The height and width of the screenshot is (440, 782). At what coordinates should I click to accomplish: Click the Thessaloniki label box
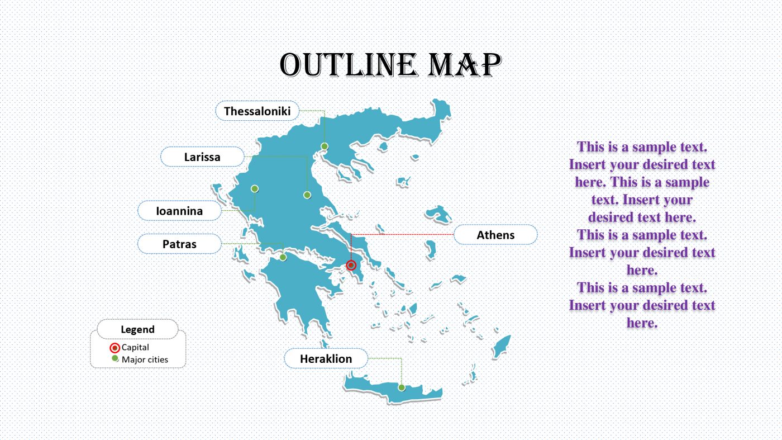tap(257, 111)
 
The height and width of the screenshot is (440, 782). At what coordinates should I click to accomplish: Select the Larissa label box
tap(202, 157)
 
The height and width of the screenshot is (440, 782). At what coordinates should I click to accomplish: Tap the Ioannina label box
tap(179, 211)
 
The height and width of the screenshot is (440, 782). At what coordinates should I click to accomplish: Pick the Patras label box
tap(179, 244)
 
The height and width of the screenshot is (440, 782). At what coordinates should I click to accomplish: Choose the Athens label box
tap(495, 235)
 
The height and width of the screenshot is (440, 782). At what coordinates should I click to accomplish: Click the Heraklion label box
tap(326, 358)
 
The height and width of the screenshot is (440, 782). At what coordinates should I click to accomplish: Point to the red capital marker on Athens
tap(351, 266)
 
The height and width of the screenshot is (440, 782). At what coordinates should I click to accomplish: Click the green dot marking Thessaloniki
tap(325, 146)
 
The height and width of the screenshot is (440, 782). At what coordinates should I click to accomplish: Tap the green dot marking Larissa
tap(307, 195)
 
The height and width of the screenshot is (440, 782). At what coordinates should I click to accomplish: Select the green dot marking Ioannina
tap(255, 188)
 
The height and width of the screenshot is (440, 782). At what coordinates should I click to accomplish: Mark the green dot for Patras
tap(283, 257)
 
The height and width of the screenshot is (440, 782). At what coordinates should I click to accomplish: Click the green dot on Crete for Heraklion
tap(401, 387)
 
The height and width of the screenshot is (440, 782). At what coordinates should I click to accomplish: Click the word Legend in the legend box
tap(137, 329)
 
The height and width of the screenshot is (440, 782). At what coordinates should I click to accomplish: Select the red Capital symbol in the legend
tap(115, 348)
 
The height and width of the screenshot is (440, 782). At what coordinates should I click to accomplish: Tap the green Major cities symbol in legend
tap(115, 359)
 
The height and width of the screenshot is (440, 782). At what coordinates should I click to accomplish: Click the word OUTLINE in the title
tap(349, 65)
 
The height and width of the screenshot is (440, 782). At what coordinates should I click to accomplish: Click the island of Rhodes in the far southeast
tap(502, 345)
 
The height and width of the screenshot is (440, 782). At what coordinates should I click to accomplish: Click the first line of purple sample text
tap(642, 146)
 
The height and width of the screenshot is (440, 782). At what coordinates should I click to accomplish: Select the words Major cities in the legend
tap(145, 359)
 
